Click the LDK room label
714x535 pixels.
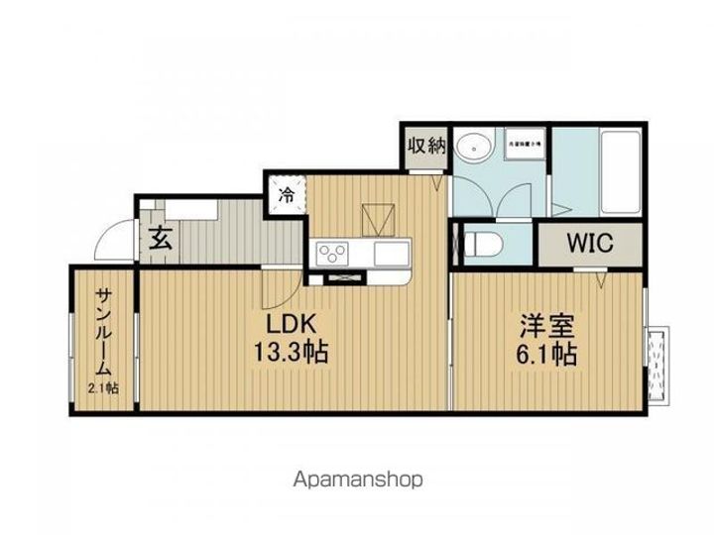click(x=289, y=324)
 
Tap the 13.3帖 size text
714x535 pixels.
click(x=289, y=352)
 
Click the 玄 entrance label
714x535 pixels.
click(x=159, y=238)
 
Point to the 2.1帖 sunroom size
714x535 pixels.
click(x=102, y=388)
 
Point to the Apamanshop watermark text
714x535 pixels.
click(x=357, y=480)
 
